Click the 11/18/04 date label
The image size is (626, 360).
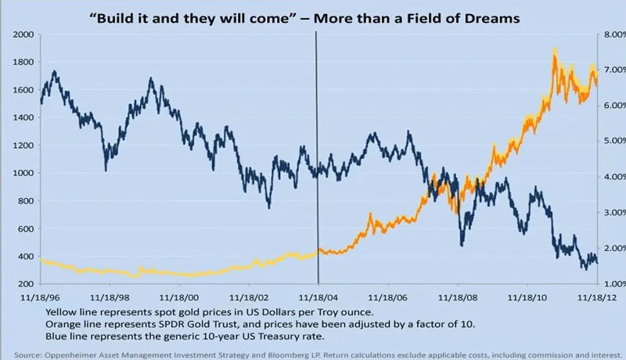click(x=318, y=298)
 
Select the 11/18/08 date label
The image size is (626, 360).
click(x=459, y=298)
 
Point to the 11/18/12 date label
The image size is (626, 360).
click(x=598, y=298)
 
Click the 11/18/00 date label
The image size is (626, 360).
click(x=180, y=298)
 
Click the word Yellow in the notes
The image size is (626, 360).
click(x=63, y=311)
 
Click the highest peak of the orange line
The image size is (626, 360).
click(x=555, y=50)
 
